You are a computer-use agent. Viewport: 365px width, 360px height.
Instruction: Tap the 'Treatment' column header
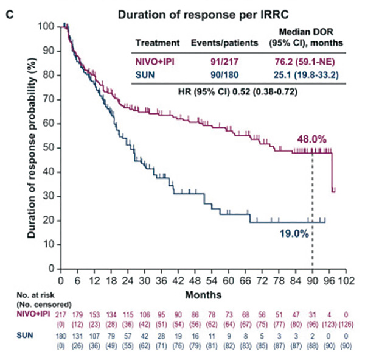[157, 43]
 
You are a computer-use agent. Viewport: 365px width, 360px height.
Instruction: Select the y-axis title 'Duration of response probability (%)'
[30, 147]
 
